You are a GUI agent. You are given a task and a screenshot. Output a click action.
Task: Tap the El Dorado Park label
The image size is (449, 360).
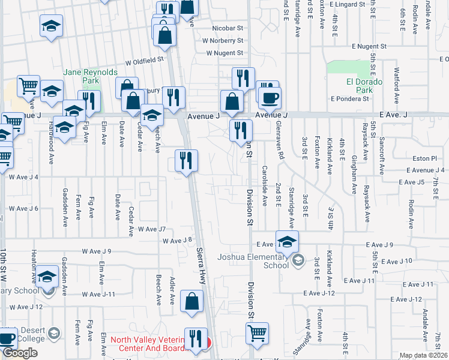click(360, 86)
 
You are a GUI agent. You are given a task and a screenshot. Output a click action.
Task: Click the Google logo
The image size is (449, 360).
click(20, 353)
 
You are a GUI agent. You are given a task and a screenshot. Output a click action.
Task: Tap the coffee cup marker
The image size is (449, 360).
click(270, 97)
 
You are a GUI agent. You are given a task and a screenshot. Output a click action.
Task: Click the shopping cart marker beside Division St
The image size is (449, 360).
click(257, 332)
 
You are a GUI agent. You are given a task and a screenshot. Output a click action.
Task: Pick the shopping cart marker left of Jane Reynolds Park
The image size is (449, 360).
click(28, 86)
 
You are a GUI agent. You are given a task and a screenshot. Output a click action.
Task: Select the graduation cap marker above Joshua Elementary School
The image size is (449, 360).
click(288, 241)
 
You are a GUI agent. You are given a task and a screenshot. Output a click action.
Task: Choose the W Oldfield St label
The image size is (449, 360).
click(145, 61)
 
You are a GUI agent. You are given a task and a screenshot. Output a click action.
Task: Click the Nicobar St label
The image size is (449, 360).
click(228, 28)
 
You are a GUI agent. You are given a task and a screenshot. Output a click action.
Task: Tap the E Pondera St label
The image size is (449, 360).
click(348, 98)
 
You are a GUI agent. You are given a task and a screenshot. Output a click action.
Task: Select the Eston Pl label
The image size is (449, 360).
click(423, 159)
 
